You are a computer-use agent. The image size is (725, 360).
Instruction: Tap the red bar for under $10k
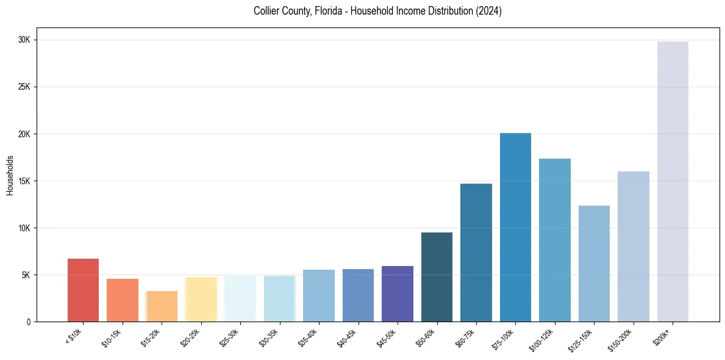pos(83,290)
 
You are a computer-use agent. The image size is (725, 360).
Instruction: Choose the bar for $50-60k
pos(437,277)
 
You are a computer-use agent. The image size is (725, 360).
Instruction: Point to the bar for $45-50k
pos(398,293)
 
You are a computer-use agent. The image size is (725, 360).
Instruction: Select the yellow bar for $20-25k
pos(201,299)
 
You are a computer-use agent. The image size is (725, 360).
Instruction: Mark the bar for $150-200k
pos(633,247)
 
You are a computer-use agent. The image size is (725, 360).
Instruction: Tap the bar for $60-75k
pos(476,253)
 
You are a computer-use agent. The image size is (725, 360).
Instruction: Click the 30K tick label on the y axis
pos(24,40)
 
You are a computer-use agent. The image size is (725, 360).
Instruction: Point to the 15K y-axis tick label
pos(24,181)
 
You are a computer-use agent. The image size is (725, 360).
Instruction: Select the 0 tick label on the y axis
pos(28,322)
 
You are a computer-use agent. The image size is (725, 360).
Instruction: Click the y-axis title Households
pos(10,175)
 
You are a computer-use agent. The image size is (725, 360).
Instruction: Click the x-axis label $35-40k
pos(308,337)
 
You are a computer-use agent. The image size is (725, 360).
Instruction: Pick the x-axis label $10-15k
pos(112,337)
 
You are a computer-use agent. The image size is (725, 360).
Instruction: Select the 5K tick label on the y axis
pos(26,275)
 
